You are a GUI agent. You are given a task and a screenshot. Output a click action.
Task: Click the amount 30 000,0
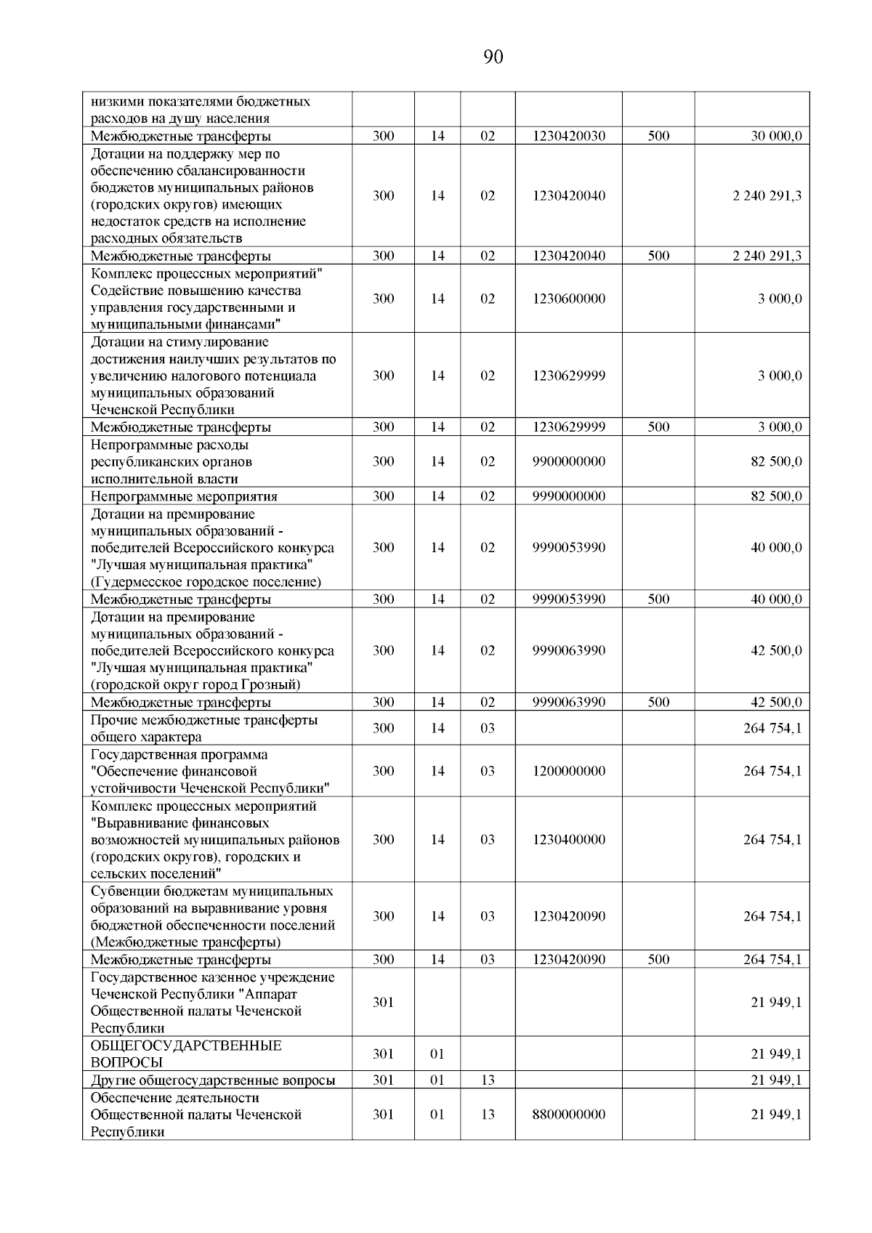(x=776, y=136)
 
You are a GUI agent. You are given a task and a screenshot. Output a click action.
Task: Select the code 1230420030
(x=568, y=136)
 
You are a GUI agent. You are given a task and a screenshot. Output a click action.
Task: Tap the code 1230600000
(x=568, y=299)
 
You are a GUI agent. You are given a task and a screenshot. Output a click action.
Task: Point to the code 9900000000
(x=568, y=461)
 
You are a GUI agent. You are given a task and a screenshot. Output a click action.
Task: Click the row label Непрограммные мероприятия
(x=184, y=497)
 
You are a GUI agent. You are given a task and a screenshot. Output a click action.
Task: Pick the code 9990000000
(x=568, y=496)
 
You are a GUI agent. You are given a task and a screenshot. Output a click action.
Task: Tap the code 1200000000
(x=568, y=771)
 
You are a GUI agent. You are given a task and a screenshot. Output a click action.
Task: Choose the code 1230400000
(x=568, y=839)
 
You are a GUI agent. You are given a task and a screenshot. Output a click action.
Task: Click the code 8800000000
(x=568, y=1114)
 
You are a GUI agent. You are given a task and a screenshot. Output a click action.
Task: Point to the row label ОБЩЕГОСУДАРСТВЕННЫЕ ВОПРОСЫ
(x=185, y=1054)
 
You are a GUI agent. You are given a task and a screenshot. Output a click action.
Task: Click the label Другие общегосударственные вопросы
(x=213, y=1080)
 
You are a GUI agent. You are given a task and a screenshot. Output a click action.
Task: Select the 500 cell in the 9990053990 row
(x=658, y=599)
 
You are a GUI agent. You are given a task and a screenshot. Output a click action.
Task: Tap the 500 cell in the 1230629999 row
(x=658, y=427)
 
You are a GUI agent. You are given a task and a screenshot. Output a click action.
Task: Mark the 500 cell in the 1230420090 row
(x=658, y=960)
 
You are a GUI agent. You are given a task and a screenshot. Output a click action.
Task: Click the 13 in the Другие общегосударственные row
(x=487, y=1080)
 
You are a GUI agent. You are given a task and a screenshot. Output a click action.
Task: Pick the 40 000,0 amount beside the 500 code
(x=776, y=599)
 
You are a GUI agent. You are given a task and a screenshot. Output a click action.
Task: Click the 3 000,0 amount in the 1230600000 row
(x=780, y=299)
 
